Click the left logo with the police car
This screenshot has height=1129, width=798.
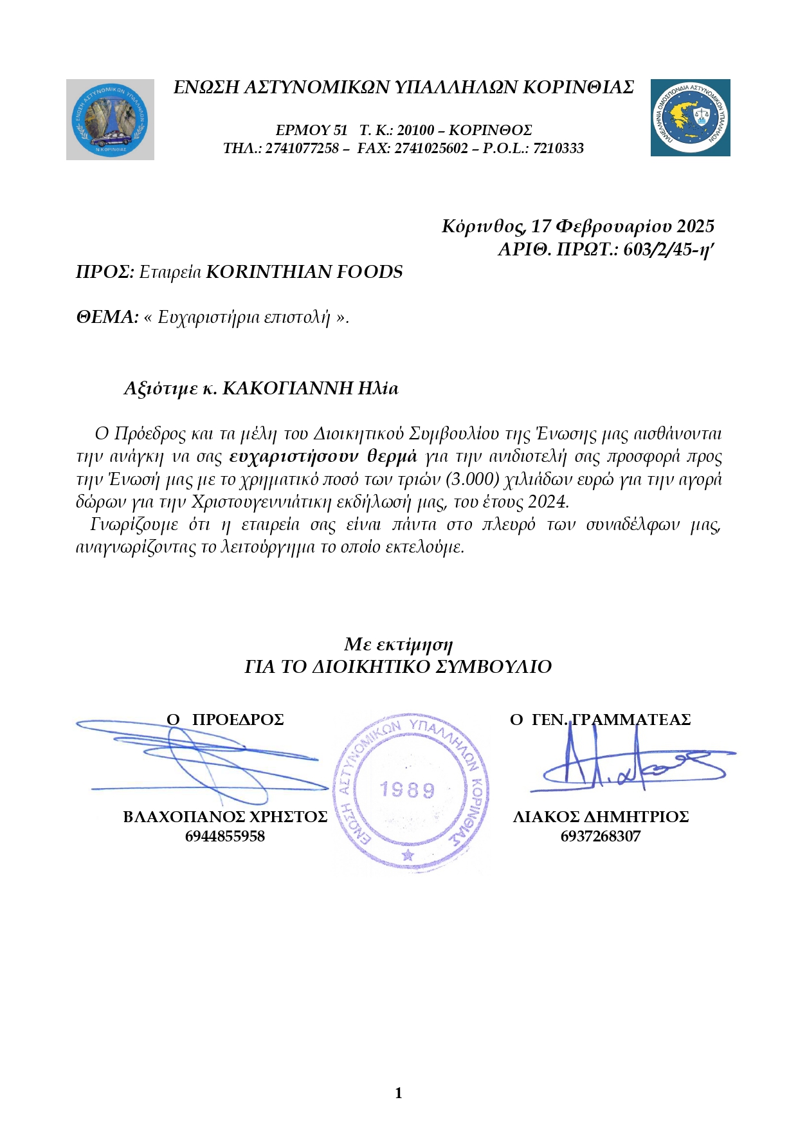110,120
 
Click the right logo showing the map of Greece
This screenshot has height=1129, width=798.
690,118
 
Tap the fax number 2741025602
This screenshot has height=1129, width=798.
431,149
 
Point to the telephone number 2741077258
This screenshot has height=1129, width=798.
302,149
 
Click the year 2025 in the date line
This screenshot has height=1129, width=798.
695,226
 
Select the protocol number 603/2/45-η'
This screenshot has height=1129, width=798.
669,250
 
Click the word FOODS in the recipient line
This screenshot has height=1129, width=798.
370,272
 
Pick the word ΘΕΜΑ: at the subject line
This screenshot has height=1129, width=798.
107,317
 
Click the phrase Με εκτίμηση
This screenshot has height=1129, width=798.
398,644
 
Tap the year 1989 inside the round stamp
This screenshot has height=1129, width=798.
407,789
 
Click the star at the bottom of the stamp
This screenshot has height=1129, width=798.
407,855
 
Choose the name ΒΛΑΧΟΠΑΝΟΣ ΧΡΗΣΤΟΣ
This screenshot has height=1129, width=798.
225,817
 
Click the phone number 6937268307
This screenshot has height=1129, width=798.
600,836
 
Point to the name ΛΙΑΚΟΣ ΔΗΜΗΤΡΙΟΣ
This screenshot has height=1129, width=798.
601,817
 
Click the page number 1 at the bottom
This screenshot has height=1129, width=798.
399,1093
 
